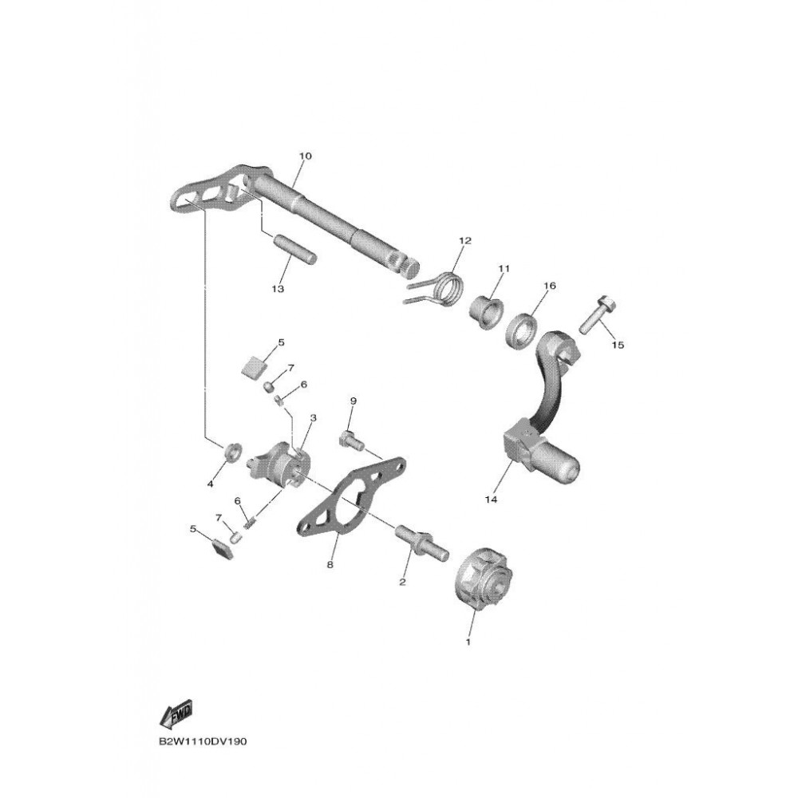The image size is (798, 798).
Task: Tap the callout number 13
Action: pyautogui.click(x=278, y=289)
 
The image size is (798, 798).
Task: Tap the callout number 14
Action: pyautogui.click(x=489, y=500)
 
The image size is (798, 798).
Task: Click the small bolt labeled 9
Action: pyautogui.click(x=352, y=438)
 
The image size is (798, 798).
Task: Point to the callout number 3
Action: pyautogui.click(x=313, y=417)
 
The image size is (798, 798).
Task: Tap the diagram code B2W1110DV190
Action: pyautogui.click(x=203, y=741)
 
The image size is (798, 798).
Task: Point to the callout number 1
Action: pyautogui.click(x=468, y=641)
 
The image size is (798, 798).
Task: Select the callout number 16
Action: pyautogui.click(x=549, y=286)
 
